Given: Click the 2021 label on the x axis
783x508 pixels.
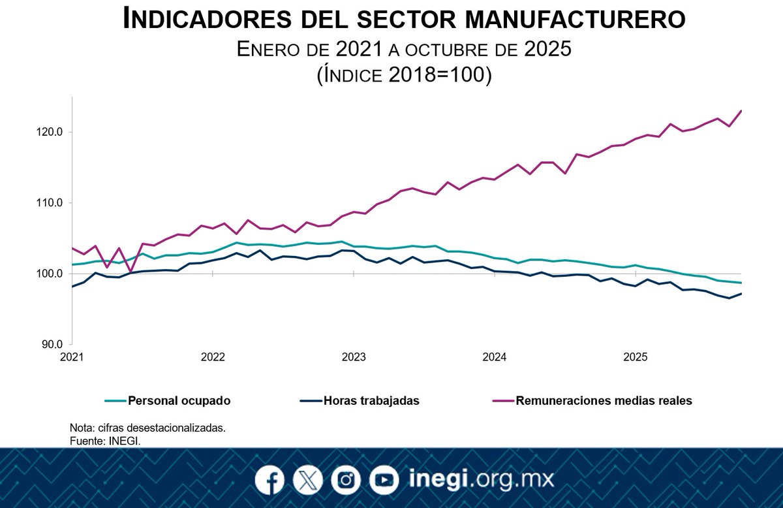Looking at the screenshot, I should click(x=72, y=357).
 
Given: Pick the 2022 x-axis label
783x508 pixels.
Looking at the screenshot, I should click(x=213, y=357).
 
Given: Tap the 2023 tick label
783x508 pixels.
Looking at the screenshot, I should click(x=354, y=357).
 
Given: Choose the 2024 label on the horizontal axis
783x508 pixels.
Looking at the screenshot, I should click(x=495, y=357).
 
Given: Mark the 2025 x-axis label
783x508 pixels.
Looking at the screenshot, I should click(x=636, y=357).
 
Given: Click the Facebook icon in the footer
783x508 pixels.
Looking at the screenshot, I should click(x=269, y=481).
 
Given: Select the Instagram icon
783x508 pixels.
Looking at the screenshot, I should click(x=346, y=481).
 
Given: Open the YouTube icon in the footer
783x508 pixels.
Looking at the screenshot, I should click(x=384, y=481).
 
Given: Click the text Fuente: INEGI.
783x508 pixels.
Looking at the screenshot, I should click(x=104, y=440).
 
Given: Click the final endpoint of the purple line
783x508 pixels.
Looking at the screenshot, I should click(x=741, y=110).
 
